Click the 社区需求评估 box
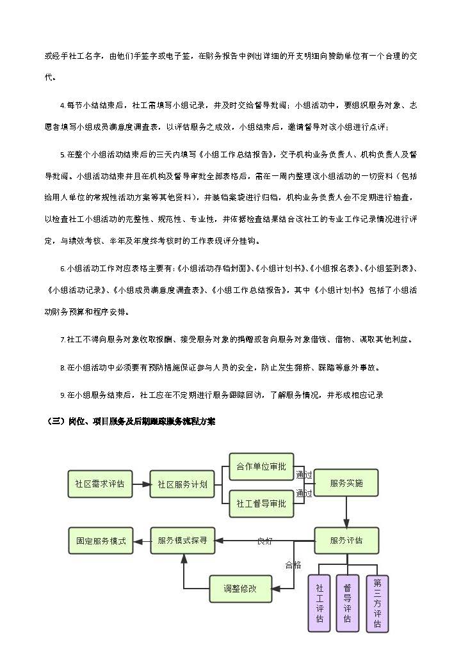100,484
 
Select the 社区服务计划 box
182,484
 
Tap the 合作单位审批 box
261,466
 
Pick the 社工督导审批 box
261,503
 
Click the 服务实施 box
346,483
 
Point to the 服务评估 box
346,541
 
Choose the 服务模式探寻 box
182,541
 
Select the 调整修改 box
240,589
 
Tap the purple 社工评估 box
319,603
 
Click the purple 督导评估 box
347,603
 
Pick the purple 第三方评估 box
377,603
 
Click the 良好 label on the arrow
264,541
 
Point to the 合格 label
293,565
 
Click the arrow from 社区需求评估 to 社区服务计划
141,484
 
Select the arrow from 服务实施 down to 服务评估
346,512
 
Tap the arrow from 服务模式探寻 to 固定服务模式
142,541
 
